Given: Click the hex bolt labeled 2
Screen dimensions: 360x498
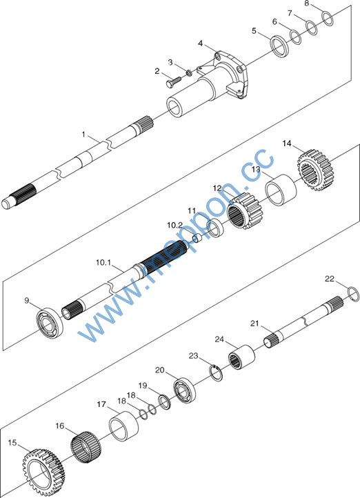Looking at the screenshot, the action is point(173,81).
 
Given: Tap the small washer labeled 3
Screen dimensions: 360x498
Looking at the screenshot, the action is point(188,73).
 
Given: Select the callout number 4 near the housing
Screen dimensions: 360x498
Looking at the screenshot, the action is point(200,43).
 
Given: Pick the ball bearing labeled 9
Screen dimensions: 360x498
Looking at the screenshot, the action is point(50,321).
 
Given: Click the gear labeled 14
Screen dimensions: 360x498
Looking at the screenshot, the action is point(314,170).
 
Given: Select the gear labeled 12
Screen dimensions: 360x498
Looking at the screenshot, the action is point(246,211).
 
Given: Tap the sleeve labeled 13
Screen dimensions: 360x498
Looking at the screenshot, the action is point(281,190).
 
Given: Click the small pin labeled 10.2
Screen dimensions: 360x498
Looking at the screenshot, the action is point(197,237).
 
